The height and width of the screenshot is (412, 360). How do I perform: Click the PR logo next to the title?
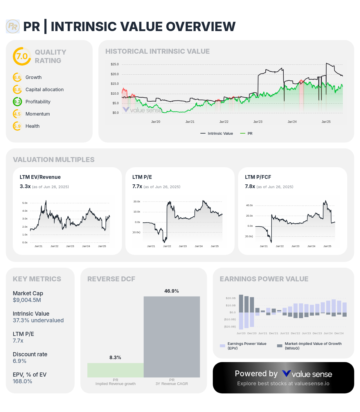click(13, 26)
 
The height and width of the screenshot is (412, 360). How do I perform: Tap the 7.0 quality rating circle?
click(22, 56)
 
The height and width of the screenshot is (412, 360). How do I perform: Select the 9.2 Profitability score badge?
click(17, 102)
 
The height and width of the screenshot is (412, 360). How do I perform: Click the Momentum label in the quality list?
click(37, 114)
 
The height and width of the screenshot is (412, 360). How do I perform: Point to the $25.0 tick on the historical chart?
click(115, 64)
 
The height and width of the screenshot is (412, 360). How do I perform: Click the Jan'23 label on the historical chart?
click(258, 122)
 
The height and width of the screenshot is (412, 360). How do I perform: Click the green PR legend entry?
click(246, 134)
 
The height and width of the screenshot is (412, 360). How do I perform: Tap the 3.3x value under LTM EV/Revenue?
click(25, 186)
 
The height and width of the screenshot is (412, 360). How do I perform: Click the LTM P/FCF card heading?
click(258, 177)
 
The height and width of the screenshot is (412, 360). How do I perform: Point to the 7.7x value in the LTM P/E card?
click(137, 186)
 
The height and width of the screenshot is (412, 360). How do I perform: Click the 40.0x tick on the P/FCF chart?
click(249, 205)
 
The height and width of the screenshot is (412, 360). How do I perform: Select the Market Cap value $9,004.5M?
click(27, 300)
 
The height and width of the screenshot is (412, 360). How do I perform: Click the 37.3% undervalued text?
click(38, 321)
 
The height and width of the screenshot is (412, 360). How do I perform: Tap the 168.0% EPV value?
click(22, 382)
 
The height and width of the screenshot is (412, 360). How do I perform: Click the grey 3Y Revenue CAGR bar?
click(172, 337)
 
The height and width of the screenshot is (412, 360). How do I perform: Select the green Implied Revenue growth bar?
click(115, 370)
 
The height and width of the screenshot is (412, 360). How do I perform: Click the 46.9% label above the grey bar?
click(172, 291)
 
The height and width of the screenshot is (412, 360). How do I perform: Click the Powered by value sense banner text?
click(283, 374)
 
